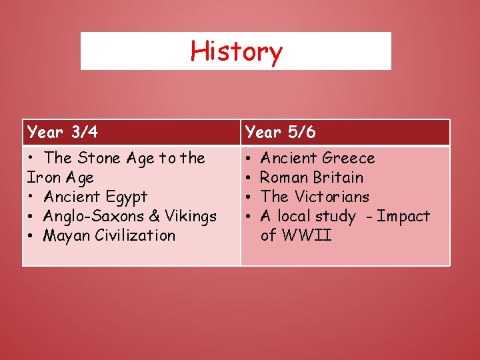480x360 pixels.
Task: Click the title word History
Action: coord(236,51)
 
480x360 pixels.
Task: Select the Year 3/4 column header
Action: coord(63,132)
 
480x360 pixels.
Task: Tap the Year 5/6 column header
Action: coord(281,132)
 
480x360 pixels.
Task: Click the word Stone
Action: coord(99,158)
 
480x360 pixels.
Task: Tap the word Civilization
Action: coord(134,235)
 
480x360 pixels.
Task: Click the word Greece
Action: coord(348,158)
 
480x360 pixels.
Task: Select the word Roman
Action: coord(281,177)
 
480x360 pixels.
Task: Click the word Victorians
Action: coord(331,197)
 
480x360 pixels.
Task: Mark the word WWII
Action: coord(307,235)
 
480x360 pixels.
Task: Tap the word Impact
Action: coord(403,216)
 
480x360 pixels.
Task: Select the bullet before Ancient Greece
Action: coord(249,159)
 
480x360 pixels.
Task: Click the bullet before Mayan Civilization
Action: coord(31,236)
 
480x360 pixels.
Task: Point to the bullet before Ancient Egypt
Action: coord(31,197)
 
